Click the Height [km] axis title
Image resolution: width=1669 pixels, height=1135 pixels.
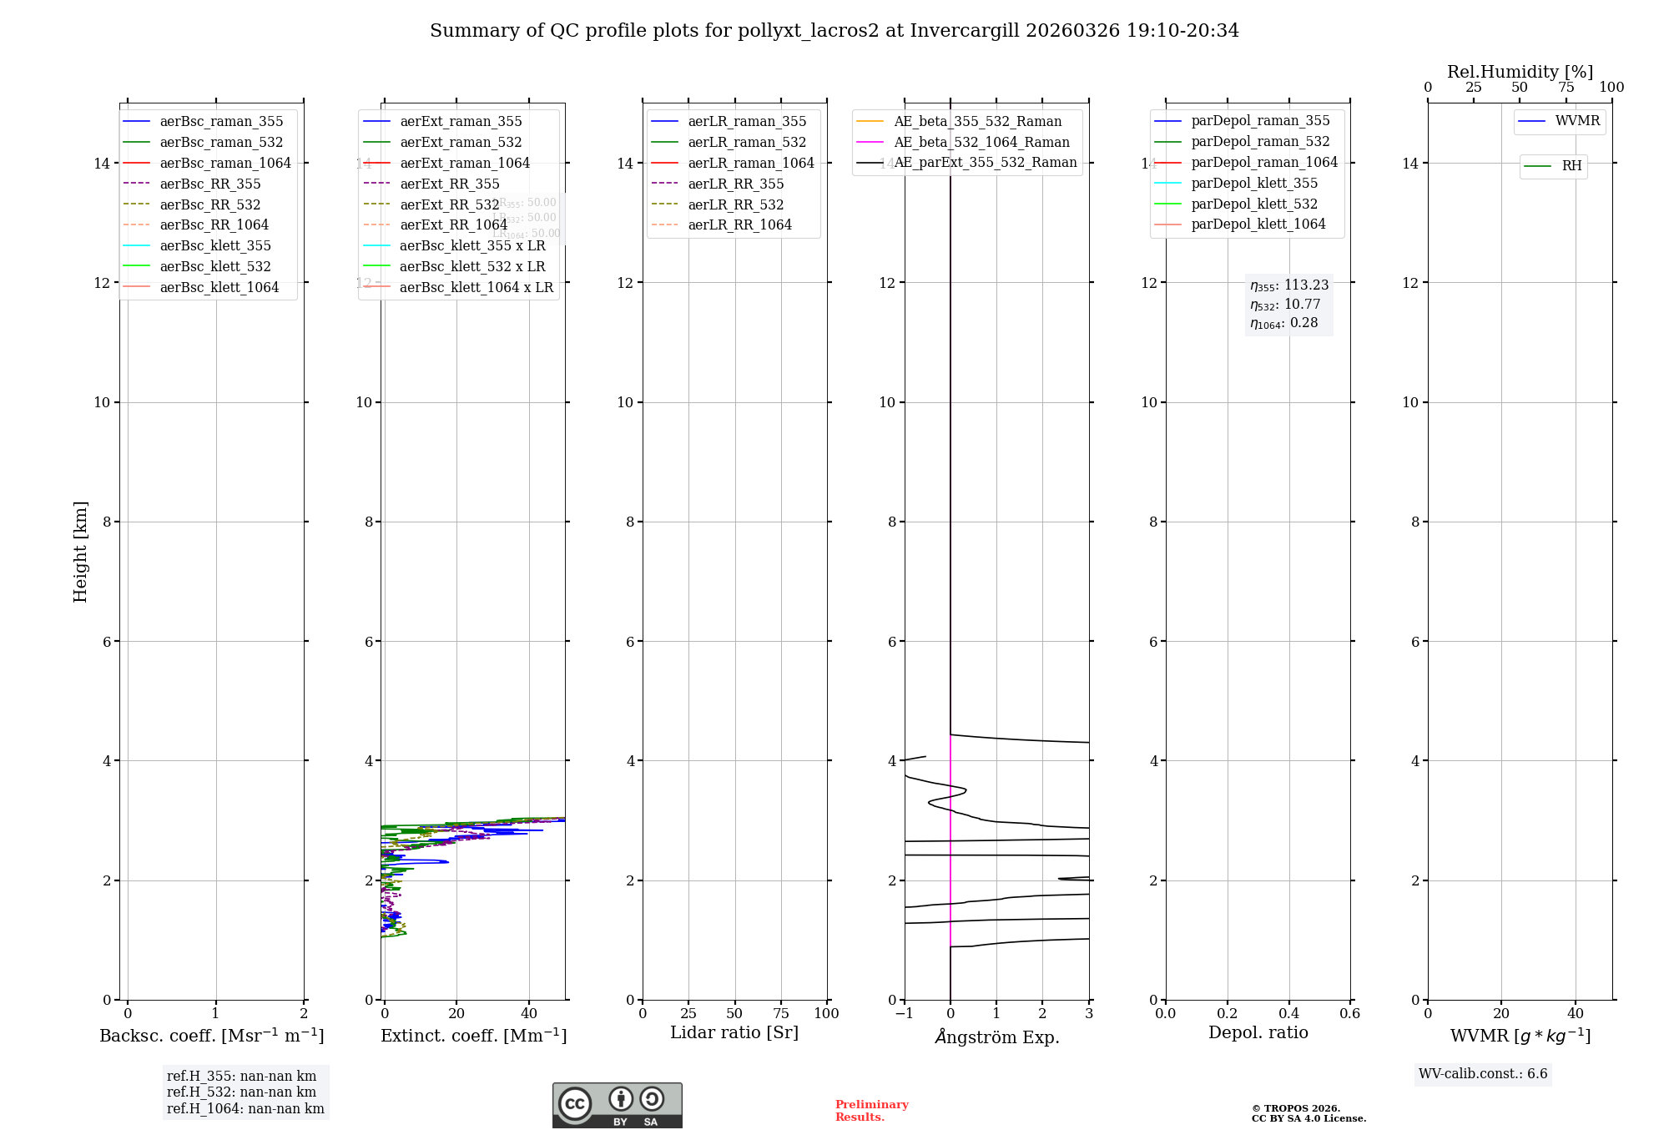[x=80, y=552]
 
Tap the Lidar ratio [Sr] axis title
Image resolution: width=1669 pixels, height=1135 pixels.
[x=734, y=1032]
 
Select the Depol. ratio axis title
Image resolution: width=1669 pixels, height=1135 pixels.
[x=1258, y=1032]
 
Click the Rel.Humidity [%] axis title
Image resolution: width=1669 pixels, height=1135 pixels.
[x=1520, y=72]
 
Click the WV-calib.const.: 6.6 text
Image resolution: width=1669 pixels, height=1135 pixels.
[x=1483, y=1074]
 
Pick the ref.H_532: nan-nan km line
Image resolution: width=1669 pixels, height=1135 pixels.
[x=241, y=1092]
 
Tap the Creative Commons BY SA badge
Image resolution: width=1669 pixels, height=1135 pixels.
[x=617, y=1105]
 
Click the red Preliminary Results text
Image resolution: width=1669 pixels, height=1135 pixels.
[x=871, y=1111]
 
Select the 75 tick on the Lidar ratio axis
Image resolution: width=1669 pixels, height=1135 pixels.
[x=781, y=1013]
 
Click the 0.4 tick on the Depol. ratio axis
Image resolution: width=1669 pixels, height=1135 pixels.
[x=1288, y=1013]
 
